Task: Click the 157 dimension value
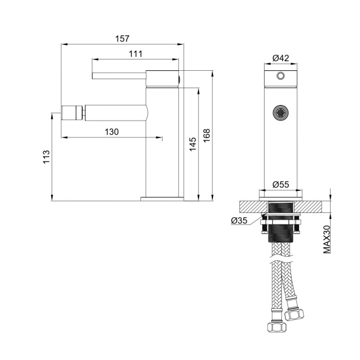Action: tap(122, 38)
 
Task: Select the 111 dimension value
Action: tap(136, 54)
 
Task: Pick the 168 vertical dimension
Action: tap(206, 136)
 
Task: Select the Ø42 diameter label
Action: tap(281, 58)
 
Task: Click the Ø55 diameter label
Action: tap(281, 184)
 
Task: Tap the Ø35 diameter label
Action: tap(239, 220)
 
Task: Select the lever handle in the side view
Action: tap(120, 76)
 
